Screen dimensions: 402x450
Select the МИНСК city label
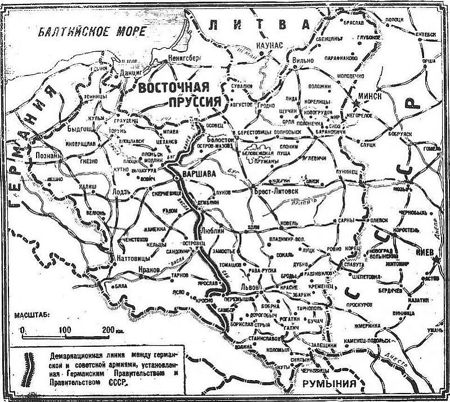tap(369, 96)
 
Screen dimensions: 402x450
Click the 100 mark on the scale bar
tap(64, 329)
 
